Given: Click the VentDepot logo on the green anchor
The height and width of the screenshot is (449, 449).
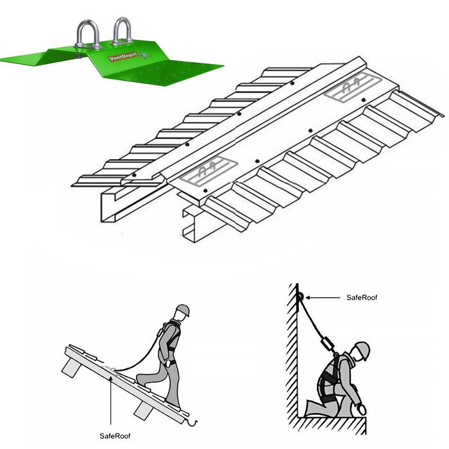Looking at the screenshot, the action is click(123, 56).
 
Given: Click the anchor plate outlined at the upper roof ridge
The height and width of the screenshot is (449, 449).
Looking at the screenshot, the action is click(353, 87).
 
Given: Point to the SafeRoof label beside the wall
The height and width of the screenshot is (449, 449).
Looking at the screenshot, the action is click(362, 298).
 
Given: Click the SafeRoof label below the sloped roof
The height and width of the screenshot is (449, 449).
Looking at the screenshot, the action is click(115, 436).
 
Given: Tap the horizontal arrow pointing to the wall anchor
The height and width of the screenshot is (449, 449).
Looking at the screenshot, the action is click(323, 298).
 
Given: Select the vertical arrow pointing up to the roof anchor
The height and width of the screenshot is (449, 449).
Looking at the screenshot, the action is click(111, 401).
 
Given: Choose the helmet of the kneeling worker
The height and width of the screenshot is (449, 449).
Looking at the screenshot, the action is click(362, 350).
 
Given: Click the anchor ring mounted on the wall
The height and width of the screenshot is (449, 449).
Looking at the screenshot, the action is click(300, 296).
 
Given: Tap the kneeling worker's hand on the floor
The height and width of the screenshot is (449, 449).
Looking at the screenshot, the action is click(362, 409).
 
